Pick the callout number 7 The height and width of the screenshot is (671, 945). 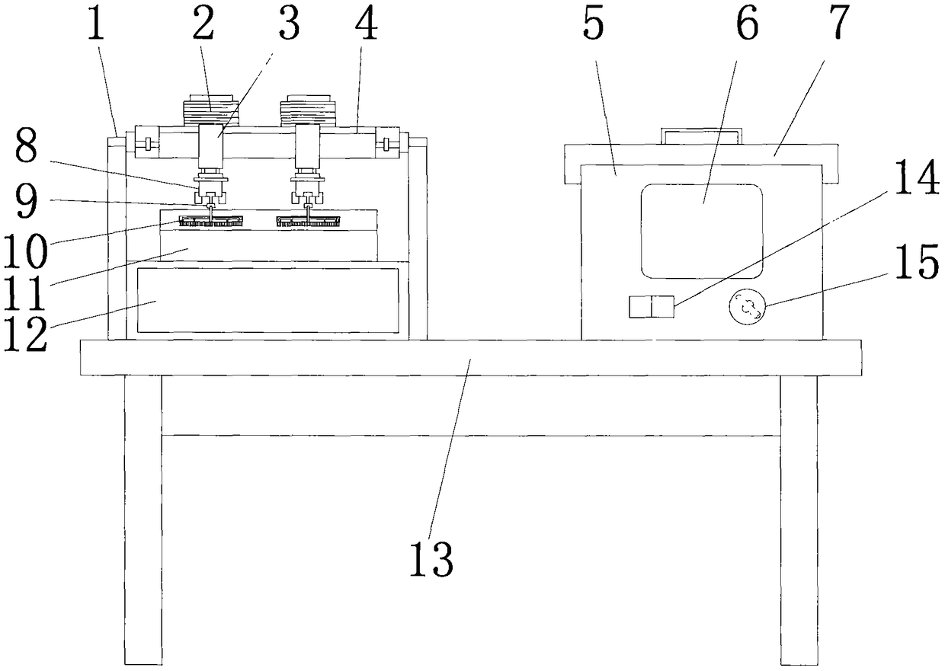point(838,24)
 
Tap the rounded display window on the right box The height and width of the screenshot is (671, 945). point(701,231)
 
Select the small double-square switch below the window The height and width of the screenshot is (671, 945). point(652,307)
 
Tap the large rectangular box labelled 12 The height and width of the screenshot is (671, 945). point(267,299)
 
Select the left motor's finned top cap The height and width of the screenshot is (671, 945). point(210,111)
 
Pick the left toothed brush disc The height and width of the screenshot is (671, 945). point(211,222)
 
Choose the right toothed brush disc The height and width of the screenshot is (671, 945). point(309,222)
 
